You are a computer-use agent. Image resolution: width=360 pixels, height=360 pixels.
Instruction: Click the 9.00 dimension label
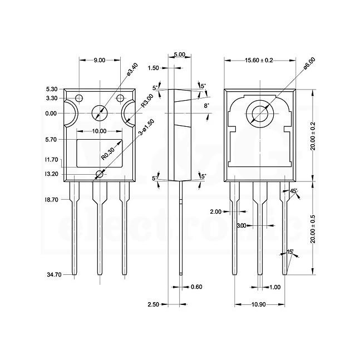(100, 60)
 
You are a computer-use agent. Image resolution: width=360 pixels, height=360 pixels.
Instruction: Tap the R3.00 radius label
(147, 100)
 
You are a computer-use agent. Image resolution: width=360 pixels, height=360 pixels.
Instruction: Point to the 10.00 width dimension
(99, 131)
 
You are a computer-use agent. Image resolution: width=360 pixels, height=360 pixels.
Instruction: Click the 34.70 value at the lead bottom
(54, 274)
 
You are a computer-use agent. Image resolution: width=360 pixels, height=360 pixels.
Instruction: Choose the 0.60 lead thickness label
(196, 287)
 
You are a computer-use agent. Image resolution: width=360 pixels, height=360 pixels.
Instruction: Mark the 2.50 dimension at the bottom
(153, 304)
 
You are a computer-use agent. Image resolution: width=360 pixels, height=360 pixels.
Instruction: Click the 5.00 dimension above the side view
(179, 55)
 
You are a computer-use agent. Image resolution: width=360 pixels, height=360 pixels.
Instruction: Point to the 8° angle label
(206, 105)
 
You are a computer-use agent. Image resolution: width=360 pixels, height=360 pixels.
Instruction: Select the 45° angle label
(294, 191)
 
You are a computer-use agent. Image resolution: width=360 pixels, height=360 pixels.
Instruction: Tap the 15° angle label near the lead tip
(290, 252)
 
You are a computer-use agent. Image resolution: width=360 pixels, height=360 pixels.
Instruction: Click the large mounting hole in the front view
(100, 112)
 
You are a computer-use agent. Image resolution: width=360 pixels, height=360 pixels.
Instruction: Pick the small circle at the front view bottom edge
(99, 175)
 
